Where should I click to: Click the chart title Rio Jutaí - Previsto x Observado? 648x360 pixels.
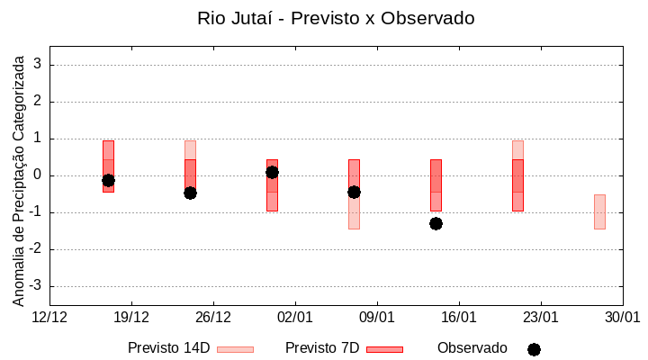(336, 18)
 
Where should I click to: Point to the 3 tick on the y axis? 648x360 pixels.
(38, 65)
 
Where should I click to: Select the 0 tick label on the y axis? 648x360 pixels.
(38, 175)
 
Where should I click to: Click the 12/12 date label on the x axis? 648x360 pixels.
(49, 318)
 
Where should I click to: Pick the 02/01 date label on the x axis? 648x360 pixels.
(295, 318)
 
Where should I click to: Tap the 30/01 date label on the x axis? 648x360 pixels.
(622, 318)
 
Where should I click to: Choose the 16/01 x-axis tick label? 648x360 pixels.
(459, 318)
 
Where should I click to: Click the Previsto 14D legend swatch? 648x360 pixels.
(235, 349)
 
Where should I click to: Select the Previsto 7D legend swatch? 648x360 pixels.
(384, 349)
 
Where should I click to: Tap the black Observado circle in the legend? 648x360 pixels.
(534, 349)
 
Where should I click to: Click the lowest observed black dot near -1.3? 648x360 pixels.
(436, 223)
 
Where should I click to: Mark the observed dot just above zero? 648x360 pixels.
(272, 172)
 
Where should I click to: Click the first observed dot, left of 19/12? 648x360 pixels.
(108, 180)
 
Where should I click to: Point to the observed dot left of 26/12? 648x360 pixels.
(190, 193)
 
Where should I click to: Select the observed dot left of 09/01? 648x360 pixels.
(354, 192)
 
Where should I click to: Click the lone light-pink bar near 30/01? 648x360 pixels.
(599, 211)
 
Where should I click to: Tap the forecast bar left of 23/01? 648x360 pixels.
(517, 176)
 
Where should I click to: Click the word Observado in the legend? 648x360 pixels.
(472, 348)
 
